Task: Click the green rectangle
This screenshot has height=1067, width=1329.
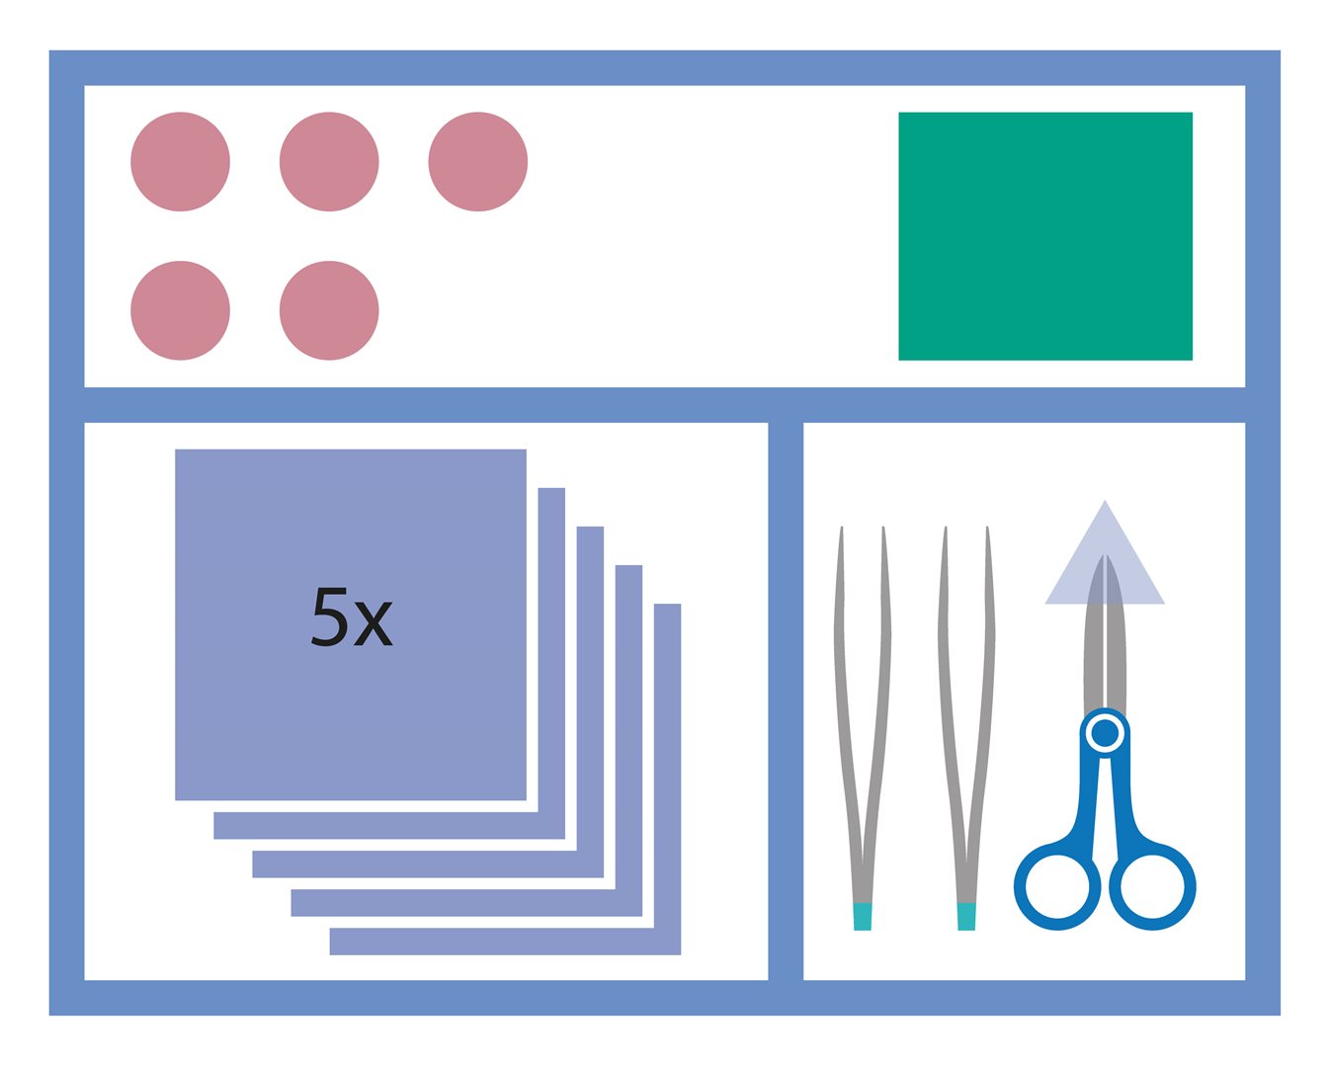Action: click(1045, 236)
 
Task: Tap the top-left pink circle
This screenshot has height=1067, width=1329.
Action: click(180, 162)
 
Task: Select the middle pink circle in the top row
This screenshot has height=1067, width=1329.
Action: click(329, 162)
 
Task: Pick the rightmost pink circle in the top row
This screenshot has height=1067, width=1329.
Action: click(478, 162)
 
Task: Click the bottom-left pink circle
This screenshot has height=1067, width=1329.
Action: click(180, 310)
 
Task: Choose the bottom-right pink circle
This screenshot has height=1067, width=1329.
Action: click(329, 310)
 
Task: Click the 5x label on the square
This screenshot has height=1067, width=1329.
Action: click(352, 616)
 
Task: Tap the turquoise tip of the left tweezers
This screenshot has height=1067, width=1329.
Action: click(862, 917)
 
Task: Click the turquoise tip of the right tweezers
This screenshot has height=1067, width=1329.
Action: click(966, 917)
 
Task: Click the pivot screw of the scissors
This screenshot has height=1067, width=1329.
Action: click(1105, 734)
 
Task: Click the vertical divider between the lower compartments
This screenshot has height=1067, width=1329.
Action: click(786, 700)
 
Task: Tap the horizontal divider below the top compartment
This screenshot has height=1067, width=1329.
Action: click(664, 405)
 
